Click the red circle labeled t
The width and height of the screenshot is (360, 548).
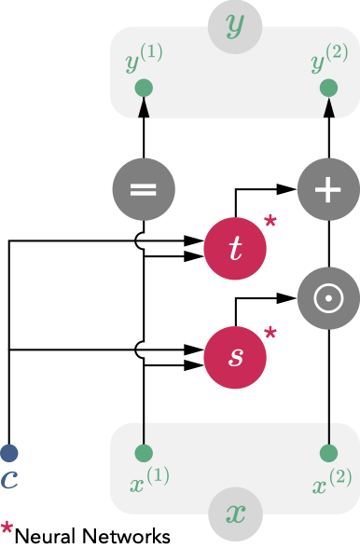pyautogui.click(x=234, y=246)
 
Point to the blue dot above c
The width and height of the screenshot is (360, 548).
pyautogui.click(x=9, y=454)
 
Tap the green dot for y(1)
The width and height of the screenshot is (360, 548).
pyautogui.click(x=143, y=89)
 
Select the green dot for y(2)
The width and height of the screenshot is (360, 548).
pyautogui.click(x=327, y=89)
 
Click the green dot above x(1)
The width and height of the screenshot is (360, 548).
pyautogui.click(x=143, y=454)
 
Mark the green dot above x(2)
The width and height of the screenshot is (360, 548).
pyautogui.click(x=327, y=454)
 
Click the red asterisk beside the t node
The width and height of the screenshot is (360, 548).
pyautogui.click(x=270, y=222)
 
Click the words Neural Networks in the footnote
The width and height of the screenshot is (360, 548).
pyautogui.click(x=92, y=535)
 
